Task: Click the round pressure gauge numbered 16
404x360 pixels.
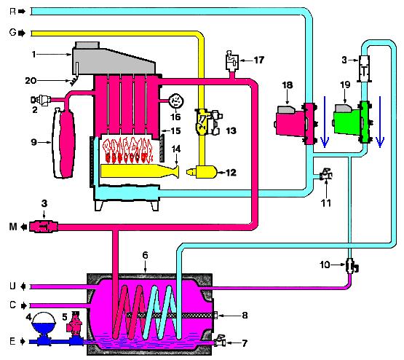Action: coord(176,101)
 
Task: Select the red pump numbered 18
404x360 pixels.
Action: coord(296,123)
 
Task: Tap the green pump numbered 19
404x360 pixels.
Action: coord(352,122)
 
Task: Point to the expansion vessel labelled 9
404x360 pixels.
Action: coord(64,143)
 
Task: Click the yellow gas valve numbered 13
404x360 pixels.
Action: coord(208,122)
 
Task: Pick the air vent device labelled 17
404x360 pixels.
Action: coord(232,61)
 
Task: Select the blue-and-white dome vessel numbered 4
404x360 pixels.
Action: coord(44,326)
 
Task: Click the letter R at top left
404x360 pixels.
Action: coord(12,12)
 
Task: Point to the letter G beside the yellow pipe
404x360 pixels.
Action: coord(12,33)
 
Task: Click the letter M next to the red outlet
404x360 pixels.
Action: coord(13,227)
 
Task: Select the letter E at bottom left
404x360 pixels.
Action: coord(12,342)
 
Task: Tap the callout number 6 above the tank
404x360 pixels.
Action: coord(146,255)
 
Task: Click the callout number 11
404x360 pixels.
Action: coord(326,203)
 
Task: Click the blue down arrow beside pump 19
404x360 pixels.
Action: coord(380,122)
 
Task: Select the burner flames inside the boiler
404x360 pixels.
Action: coord(127,151)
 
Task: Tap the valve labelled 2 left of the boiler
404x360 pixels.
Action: coord(41,100)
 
